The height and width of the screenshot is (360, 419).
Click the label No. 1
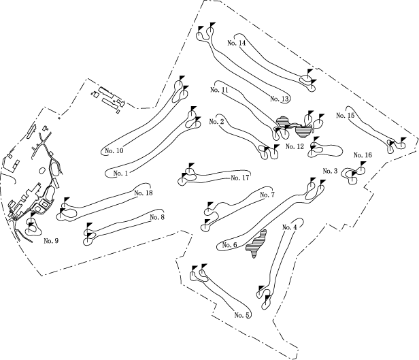[122, 173]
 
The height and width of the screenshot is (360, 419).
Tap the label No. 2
[218, 122]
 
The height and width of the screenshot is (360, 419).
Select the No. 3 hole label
[331, 171]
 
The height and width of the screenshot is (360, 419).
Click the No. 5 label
[243, 314]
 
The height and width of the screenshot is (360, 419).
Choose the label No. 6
[229, 245]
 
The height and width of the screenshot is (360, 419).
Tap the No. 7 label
[267, 195]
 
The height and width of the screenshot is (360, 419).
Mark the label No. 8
[157, 217]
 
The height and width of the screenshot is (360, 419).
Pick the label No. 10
[114, 150]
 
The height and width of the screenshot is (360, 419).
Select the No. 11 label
[219, 90]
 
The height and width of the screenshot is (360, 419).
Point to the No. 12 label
[295, 146]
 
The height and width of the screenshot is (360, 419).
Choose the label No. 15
[346, 116]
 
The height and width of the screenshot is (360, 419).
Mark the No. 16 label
[363, 155]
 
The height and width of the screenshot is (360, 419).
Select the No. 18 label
[144, 193]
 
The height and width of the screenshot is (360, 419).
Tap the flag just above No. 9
[33, 216]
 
